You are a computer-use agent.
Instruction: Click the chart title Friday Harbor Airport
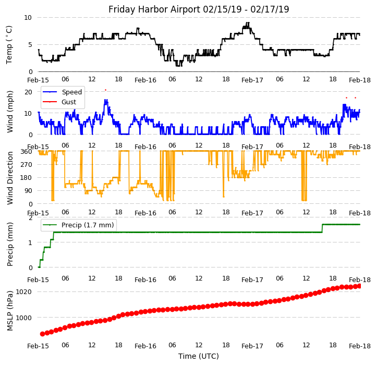199,9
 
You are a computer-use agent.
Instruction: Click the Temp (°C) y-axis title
9,44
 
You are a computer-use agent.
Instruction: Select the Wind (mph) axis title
10,111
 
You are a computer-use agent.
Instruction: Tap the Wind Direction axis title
10,177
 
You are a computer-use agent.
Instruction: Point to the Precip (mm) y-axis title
10,244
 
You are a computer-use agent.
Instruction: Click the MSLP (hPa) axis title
10,310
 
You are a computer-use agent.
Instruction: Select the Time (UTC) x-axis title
199,356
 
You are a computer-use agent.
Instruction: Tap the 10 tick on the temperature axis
28,17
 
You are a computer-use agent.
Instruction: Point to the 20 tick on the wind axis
28,92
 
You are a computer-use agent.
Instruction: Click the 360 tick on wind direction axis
26,151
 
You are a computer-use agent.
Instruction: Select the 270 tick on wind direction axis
26,164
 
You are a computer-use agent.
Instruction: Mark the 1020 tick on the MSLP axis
24,291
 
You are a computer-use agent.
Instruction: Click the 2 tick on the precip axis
30,217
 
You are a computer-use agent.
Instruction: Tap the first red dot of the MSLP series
42,334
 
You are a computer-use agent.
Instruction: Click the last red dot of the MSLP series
359,286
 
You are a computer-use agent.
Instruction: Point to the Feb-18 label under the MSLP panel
360,345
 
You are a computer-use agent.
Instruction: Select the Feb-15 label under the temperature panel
38,80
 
